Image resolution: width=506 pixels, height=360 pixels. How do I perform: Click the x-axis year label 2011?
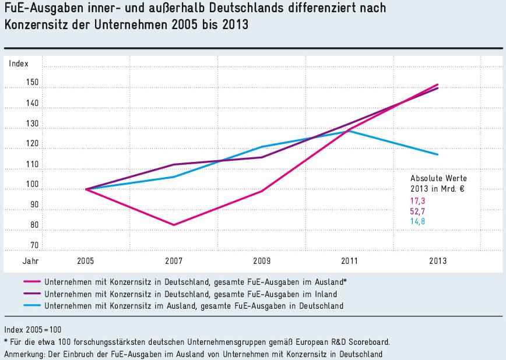click(350, 262)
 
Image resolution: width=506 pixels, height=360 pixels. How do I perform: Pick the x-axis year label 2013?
click(438, 262)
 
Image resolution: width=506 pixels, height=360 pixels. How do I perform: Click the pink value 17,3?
click(417, 200)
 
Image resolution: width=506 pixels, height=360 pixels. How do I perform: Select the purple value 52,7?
click(417, 211)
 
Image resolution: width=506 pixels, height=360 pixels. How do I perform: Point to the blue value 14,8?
click(417, 221)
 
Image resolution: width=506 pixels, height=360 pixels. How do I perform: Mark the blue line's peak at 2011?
click(350, 130)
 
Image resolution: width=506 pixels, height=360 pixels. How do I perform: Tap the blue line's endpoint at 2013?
click(438, 154)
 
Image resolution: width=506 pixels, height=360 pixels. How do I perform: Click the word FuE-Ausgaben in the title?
click(36, 9)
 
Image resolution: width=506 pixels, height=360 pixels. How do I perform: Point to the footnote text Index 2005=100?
click(33, 329)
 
